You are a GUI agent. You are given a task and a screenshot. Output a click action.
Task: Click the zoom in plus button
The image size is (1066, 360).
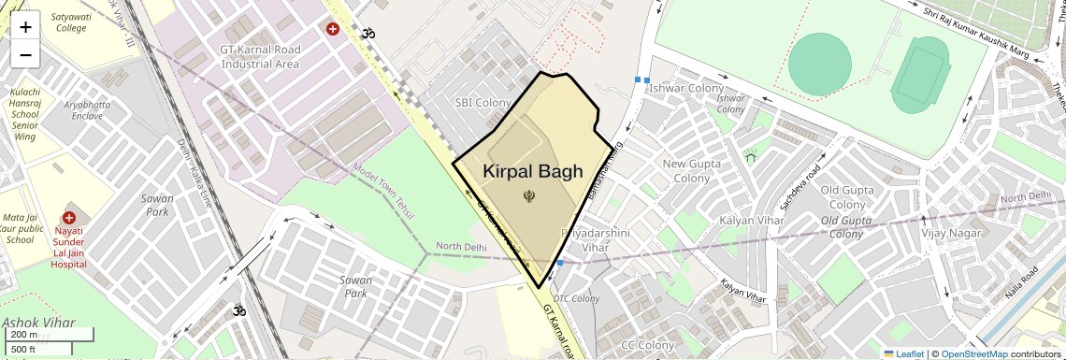pos(25,27)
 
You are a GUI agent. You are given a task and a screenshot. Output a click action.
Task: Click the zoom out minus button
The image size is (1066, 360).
pos(25,55)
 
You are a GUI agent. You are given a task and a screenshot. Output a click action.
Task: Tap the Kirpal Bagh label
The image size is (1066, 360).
pos(533,171)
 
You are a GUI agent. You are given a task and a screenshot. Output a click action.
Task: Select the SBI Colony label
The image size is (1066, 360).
pos(483,102)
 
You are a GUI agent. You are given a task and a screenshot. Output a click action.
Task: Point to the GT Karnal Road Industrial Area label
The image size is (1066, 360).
pos(260,56)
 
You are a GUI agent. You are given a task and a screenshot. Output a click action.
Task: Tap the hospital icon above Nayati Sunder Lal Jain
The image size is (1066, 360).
pos(69,218)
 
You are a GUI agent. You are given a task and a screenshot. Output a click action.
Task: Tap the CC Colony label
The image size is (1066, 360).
pos(647,345)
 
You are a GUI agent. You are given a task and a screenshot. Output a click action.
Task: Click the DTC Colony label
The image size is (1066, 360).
pos(576,298)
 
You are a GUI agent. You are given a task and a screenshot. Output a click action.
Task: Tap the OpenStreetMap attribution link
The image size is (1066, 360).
pos(973,353)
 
